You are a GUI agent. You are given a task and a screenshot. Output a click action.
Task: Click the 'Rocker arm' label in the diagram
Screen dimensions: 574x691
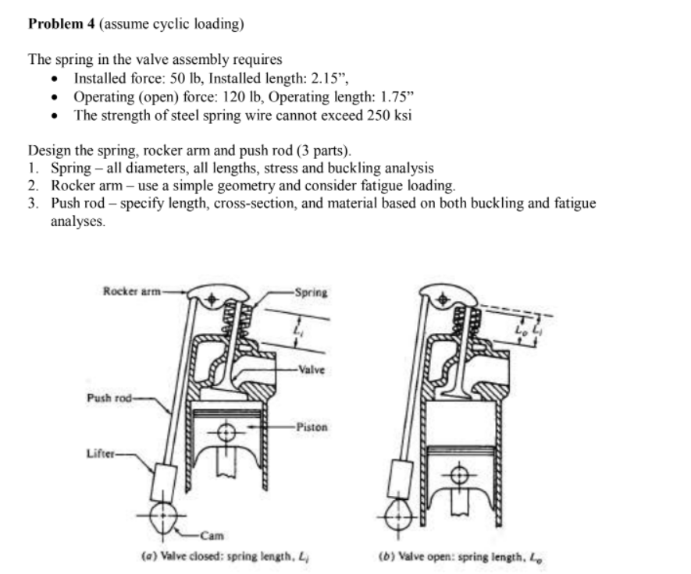[130, 292]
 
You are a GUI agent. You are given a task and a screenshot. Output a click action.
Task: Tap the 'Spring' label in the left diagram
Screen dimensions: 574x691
[312, 293]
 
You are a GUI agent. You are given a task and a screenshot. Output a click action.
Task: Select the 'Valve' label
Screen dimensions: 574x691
[312, 371]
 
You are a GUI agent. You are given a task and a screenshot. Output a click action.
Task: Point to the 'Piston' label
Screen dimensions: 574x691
[312, 427]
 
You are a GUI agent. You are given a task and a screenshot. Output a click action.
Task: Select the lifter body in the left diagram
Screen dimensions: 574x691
[166, 480]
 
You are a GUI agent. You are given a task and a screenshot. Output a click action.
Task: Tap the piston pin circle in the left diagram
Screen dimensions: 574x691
[227, 434]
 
